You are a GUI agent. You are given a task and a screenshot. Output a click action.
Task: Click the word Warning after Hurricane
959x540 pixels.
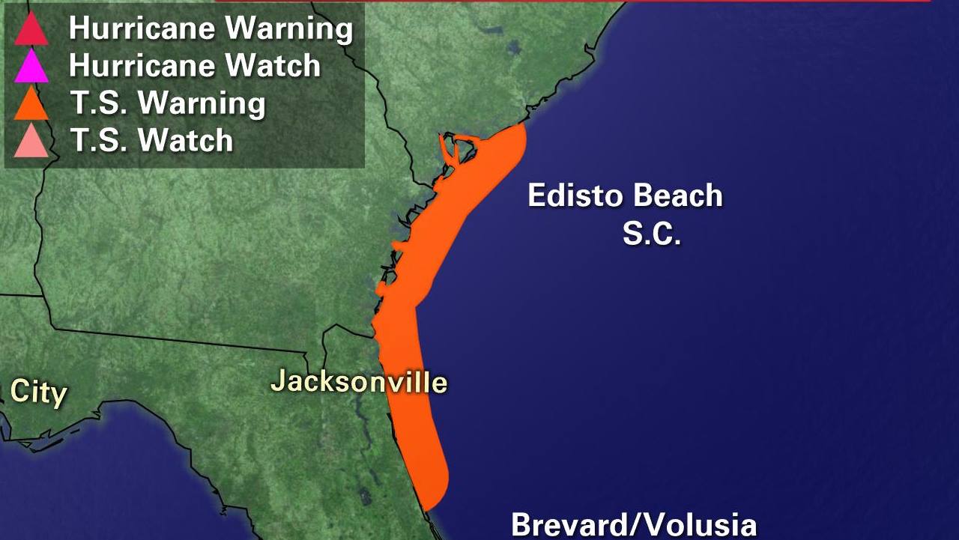pos(289,28)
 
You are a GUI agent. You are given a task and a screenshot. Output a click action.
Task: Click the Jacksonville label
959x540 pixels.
pos(359,382)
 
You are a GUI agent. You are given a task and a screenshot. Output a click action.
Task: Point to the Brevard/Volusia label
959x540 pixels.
pos(633,525)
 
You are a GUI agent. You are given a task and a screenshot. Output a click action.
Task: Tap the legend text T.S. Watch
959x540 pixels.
pos(151,140)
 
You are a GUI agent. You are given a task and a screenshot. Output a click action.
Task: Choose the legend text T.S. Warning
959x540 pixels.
pos(167,103)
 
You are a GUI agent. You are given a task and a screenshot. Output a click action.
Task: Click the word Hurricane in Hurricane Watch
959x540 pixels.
pos(142,66)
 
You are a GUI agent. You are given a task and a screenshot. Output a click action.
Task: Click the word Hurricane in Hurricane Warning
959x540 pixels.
pos(142,28)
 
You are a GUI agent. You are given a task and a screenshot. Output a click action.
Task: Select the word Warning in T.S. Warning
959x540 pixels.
pos(202,103)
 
